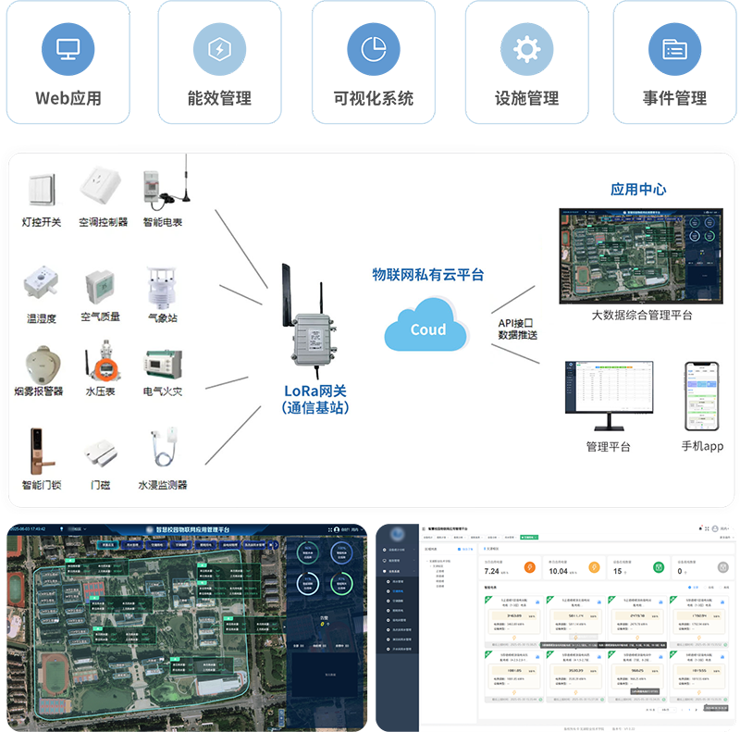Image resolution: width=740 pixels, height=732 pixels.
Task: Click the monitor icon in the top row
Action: point(67,48)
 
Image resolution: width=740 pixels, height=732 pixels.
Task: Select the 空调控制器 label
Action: point(103,222)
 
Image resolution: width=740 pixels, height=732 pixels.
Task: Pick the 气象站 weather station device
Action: point(161,287)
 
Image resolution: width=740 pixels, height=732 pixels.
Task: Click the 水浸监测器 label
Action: point(163,485)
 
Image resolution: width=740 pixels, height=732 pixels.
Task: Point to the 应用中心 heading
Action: point(638,189)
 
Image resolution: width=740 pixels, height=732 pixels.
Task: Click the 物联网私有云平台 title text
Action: point(427,275)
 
